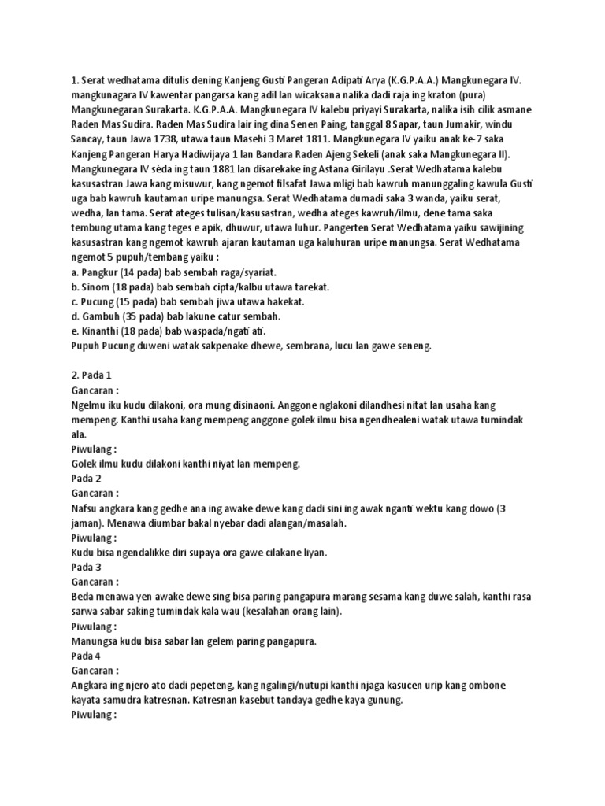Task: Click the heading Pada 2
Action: pos(86,479)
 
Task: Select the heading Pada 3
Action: pos(86,567)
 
